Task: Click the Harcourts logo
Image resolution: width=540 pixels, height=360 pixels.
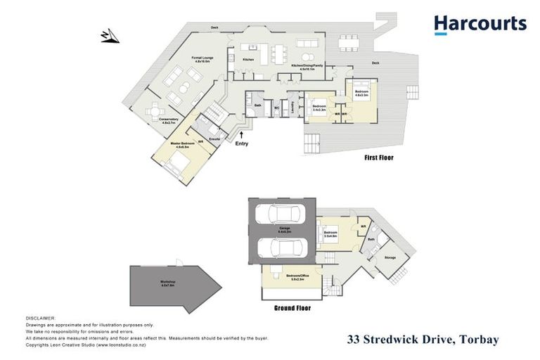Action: (x=480, y=25)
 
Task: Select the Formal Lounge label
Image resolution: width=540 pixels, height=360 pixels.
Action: (x=204, y=59)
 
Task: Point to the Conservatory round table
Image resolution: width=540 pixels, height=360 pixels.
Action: (x=156, y=110)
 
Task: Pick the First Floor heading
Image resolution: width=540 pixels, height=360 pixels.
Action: (x=378, y=158)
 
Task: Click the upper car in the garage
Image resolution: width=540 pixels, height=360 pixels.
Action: (x=279, y=214)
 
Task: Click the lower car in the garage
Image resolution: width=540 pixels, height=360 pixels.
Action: (x=279, y=247)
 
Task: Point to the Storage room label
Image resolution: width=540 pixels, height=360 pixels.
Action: (x=390, y=258)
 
